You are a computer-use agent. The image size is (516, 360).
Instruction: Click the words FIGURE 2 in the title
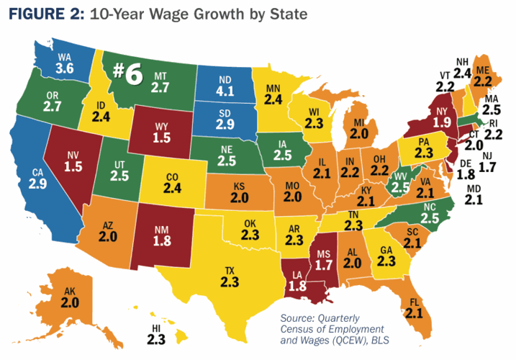pyautogui.click(x=43, y=15)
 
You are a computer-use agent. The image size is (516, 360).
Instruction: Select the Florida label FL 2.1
pyautogui.click(x=412, y=307)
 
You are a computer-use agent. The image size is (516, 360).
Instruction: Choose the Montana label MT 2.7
pyautogui.click(x=160, y=82)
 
